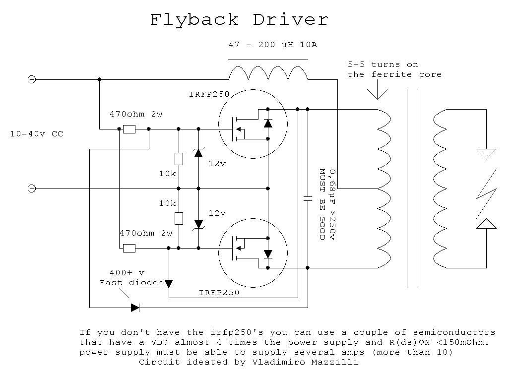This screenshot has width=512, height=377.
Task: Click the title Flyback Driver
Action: [239, 19]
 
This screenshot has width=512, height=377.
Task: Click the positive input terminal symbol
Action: [31, 79]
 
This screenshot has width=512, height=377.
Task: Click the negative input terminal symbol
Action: [31, 188]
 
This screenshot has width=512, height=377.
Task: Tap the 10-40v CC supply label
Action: [37, 134]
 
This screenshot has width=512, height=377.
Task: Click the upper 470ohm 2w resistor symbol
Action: [129, 129]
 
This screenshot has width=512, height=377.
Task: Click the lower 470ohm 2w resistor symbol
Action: [129, 248]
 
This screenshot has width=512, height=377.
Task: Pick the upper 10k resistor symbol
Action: [179, 159]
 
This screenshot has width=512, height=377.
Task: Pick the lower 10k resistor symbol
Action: [179, 218]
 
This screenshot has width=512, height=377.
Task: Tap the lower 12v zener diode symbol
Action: [198, 224]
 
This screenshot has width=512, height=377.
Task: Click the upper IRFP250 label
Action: [206, 94]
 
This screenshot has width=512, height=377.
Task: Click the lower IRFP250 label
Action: [219, 293]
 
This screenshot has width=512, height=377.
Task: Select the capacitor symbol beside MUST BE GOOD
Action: [308, 198]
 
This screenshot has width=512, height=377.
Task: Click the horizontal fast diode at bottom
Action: [135, 308]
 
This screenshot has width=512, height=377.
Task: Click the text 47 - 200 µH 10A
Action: [272, 45]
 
